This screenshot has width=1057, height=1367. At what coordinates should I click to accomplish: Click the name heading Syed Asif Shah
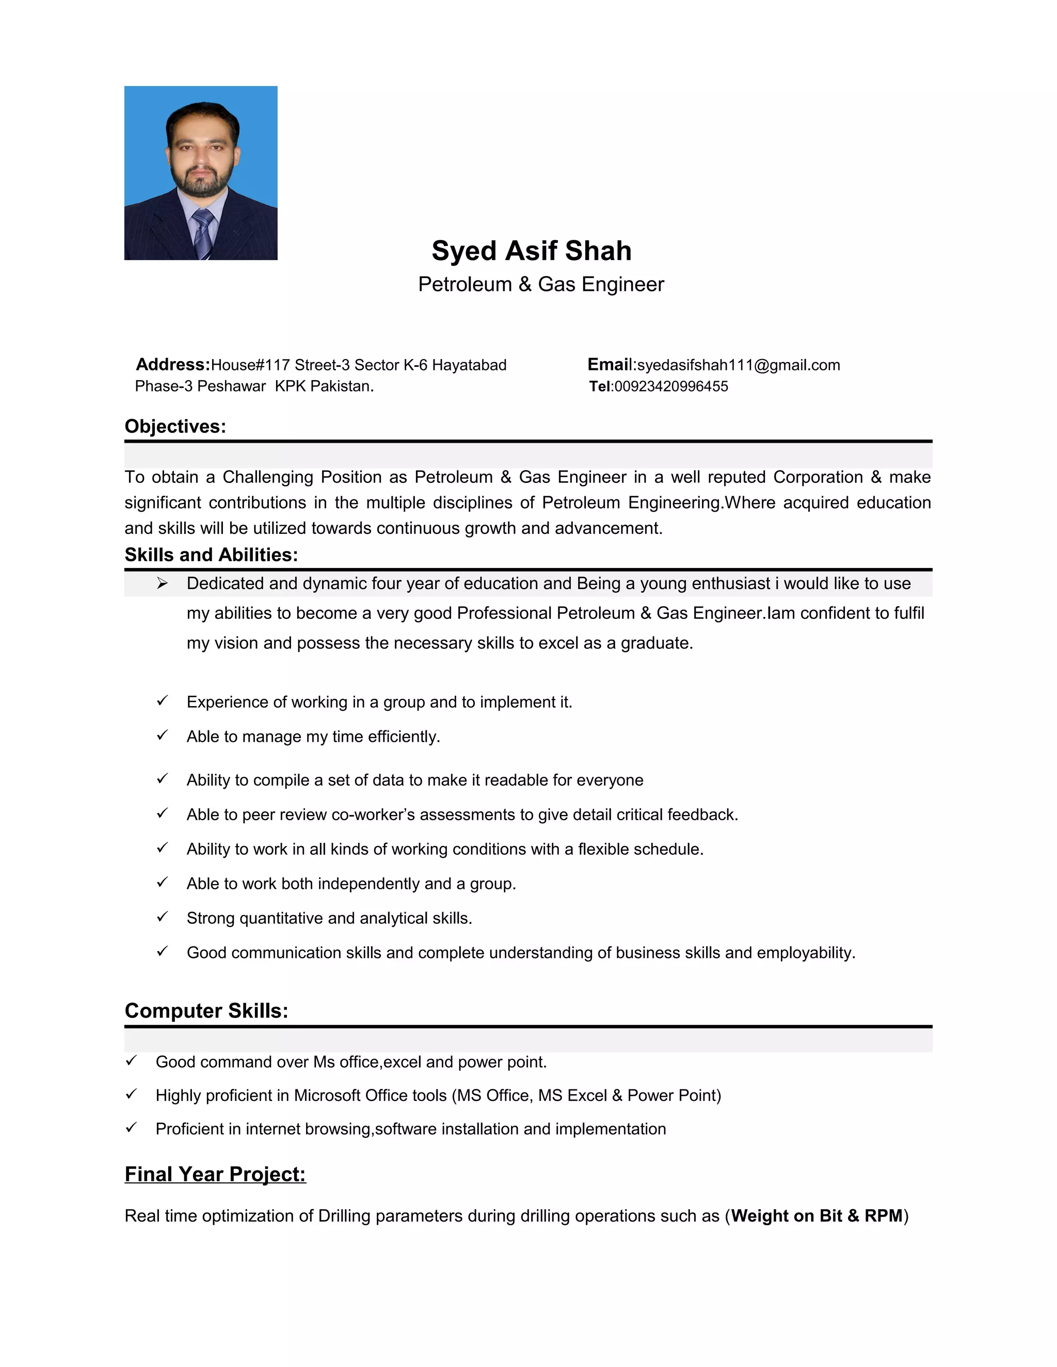coord(531,251)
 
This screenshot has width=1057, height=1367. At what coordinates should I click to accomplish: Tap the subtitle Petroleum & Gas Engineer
coord(540,284)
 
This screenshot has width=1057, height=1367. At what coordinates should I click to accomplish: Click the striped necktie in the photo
coord(203,232)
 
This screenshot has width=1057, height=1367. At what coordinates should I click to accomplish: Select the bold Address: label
coord(173,364)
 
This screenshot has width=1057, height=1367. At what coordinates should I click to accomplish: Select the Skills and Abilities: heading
coord(211,555)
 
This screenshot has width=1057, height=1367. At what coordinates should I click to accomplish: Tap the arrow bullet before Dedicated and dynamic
coord(162,583)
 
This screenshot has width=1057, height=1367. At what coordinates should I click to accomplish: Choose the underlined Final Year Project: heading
coord(215,1174)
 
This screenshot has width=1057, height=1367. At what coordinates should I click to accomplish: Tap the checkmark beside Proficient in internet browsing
coord(132,1127)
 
